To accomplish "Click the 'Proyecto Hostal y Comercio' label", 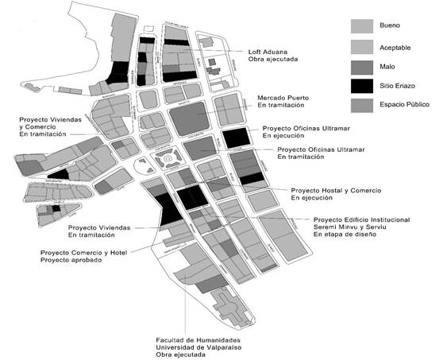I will [x=336, y=191].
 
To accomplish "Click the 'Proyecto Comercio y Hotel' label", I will [x=85, y=253].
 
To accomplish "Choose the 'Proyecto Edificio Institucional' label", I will [x=364, y=220].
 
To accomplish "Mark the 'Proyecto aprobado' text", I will [x=70, y=261].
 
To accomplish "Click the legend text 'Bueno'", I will [x=404, y=23].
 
